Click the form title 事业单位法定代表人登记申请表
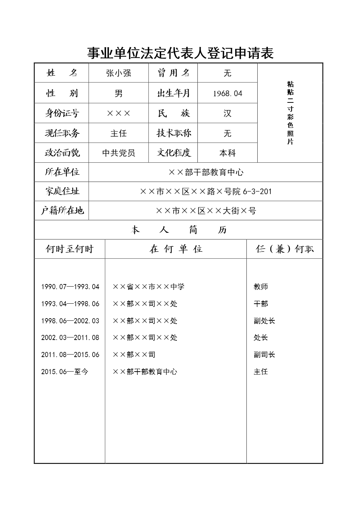(x=180, y=53)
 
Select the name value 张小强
(x=118, y=73)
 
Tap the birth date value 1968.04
(x=228, y=93)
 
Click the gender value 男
(x=118, y=93)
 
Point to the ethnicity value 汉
(x=228, y=113)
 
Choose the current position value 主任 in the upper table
(x=118, y=133)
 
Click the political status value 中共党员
(x=118, y=153)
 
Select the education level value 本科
(x=228, y=153)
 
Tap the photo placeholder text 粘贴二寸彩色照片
(x=290, y=113)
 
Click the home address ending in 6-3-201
(x=206, y=191)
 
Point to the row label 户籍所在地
(x=62, y=211)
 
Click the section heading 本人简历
(x=179, y=230)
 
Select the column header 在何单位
(x=176, y=249)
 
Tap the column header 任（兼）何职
(x=285, y=249)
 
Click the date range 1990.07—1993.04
(x=70, y=287)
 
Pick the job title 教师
(x=261, y=287)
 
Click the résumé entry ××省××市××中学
(x=148, y=287)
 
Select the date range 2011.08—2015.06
(x=70, y=355)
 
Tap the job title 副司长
(x=264, y=355)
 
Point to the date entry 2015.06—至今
(x=65, y=372)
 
